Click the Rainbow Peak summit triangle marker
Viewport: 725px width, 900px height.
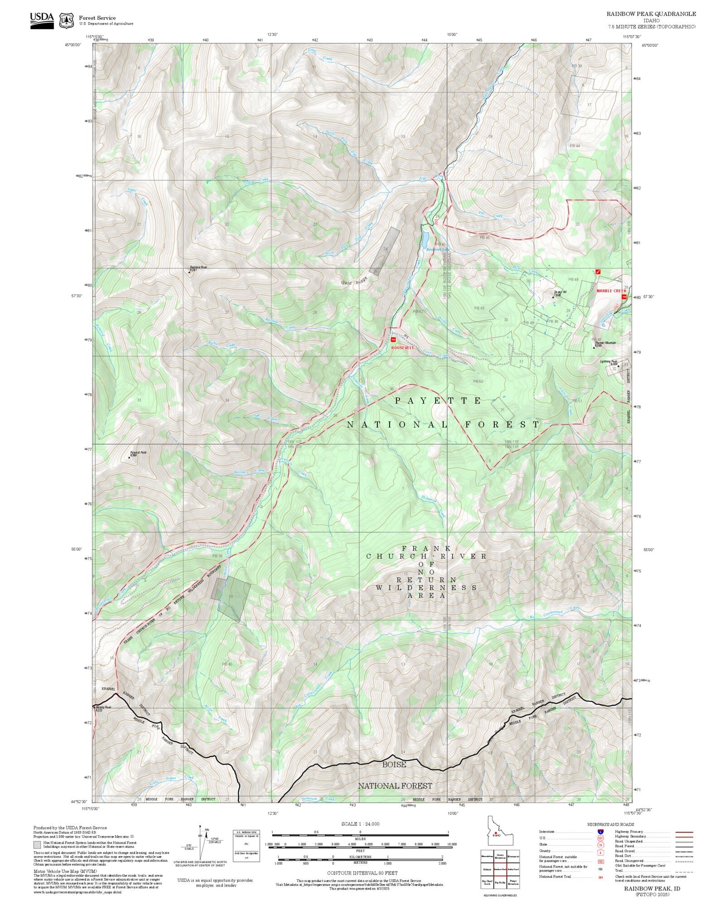[x=189, y=272]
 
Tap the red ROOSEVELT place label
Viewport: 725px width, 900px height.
[x=402, y=347]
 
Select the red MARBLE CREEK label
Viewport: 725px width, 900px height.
[x=611, y=291]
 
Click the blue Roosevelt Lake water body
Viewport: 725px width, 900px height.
[x=426, y=238]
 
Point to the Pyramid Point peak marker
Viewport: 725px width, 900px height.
[x=130, y=457]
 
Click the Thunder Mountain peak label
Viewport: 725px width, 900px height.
[x=605, y=343]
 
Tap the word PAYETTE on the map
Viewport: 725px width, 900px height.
[x=438, y=401]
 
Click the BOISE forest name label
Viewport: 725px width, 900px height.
[x=394, y=764]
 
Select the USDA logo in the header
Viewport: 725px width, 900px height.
[x=42, y=20]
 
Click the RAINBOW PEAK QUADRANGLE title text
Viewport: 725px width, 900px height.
[x=651, y=14]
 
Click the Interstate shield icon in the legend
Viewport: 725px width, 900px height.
[x=601, y=831]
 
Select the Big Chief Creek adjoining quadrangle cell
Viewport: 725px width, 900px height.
[x=487, y=883]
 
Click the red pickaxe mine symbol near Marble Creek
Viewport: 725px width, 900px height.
[x=598, y=272]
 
